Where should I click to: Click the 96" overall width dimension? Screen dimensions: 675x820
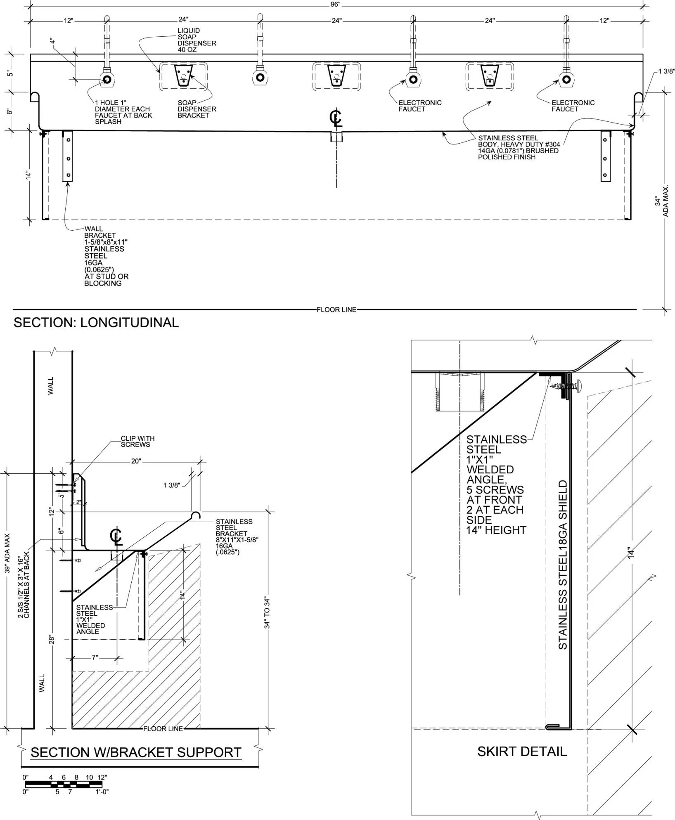point(335,5)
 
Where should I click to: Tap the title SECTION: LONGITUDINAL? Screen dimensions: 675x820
point(96,322)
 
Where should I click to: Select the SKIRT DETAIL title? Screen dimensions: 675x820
point(522,751)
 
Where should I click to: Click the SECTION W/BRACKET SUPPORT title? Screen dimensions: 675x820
point(136,752)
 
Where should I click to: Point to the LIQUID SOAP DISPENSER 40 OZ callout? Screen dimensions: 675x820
point(197,40)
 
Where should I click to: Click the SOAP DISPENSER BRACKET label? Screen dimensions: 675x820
point(197,109)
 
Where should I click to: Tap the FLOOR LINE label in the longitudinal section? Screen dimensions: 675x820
point(336,310)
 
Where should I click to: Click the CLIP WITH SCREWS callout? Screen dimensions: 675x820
point(137,442)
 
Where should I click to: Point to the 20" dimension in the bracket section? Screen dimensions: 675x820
point(136,461)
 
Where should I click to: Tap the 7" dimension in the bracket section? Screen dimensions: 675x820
point(95,657)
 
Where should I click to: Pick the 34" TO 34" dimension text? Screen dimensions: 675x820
point(267,613)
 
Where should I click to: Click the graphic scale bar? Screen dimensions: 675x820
point(66,785)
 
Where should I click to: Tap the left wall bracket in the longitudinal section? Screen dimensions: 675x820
point(67,156)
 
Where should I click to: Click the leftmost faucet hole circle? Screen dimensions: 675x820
point(107,79)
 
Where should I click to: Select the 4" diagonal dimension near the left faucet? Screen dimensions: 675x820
point(52,42)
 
